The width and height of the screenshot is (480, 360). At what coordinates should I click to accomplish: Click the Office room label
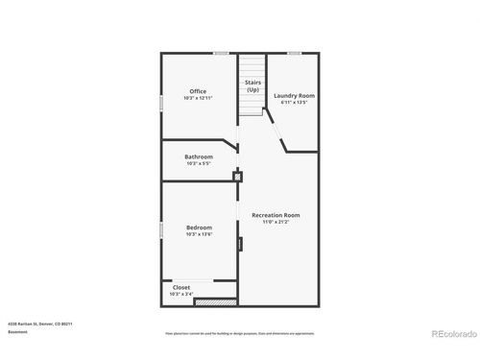198,91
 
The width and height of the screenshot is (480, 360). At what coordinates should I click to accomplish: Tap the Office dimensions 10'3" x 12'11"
198,98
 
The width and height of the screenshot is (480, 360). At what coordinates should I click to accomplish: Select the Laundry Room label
294,96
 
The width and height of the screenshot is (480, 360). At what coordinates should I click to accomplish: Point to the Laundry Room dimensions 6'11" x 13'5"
294,103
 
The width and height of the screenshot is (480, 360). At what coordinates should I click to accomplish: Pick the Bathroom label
199,156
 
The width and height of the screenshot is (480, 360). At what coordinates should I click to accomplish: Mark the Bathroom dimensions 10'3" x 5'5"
199,163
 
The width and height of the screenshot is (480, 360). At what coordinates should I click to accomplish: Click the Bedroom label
199,228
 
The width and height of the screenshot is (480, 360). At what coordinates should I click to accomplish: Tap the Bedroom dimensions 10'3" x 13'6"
199,234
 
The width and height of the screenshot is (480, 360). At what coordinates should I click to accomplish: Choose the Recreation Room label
276,215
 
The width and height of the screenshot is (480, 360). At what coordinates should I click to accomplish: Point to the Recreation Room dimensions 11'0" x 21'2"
276,222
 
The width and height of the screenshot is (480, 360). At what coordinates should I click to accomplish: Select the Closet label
181,287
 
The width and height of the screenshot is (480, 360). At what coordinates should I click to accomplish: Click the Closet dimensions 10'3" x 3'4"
181,294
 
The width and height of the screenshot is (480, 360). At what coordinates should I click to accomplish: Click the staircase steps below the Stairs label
252,106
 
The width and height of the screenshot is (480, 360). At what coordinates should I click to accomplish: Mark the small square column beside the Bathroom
238,176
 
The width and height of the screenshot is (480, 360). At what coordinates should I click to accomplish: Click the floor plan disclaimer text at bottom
240,334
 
